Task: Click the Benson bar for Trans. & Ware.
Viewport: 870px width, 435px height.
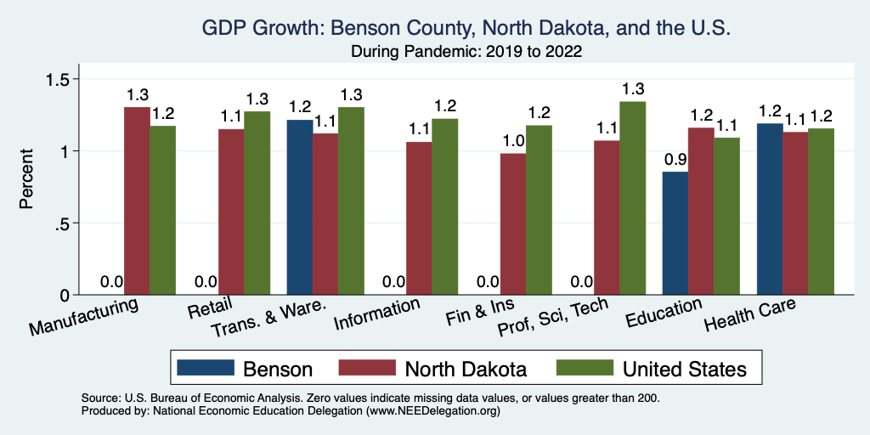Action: [300, 207]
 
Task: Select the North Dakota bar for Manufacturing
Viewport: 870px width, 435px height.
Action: [137, 201]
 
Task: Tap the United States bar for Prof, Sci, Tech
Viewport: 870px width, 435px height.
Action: [632, 198]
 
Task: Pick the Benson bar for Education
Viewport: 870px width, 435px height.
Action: [675, 233]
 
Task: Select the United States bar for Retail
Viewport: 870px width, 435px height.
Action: [257, 203]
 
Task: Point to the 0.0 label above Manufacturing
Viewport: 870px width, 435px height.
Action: [111, 281]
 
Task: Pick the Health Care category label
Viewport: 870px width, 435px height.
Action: [750, 315]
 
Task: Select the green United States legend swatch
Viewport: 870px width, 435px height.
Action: [584, 368]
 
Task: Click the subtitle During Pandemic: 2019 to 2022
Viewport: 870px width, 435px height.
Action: [466, 51]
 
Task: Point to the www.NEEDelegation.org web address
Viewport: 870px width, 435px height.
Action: [432, 410]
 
